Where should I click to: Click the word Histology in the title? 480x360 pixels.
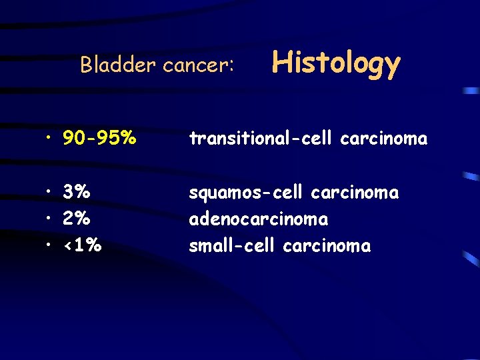point(336,64)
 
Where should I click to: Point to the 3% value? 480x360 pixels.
point(77,193)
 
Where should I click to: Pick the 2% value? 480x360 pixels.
point(77,219)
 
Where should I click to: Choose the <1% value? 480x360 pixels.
point(82,246)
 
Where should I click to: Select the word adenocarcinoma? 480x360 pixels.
point(258,219)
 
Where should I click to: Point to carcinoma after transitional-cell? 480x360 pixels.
point(383,139)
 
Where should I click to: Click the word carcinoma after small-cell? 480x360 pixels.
point(327,246)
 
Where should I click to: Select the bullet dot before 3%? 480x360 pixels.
point(50,193)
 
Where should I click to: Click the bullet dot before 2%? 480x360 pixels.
point(50,219)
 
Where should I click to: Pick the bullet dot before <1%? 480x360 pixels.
point(50,246)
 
